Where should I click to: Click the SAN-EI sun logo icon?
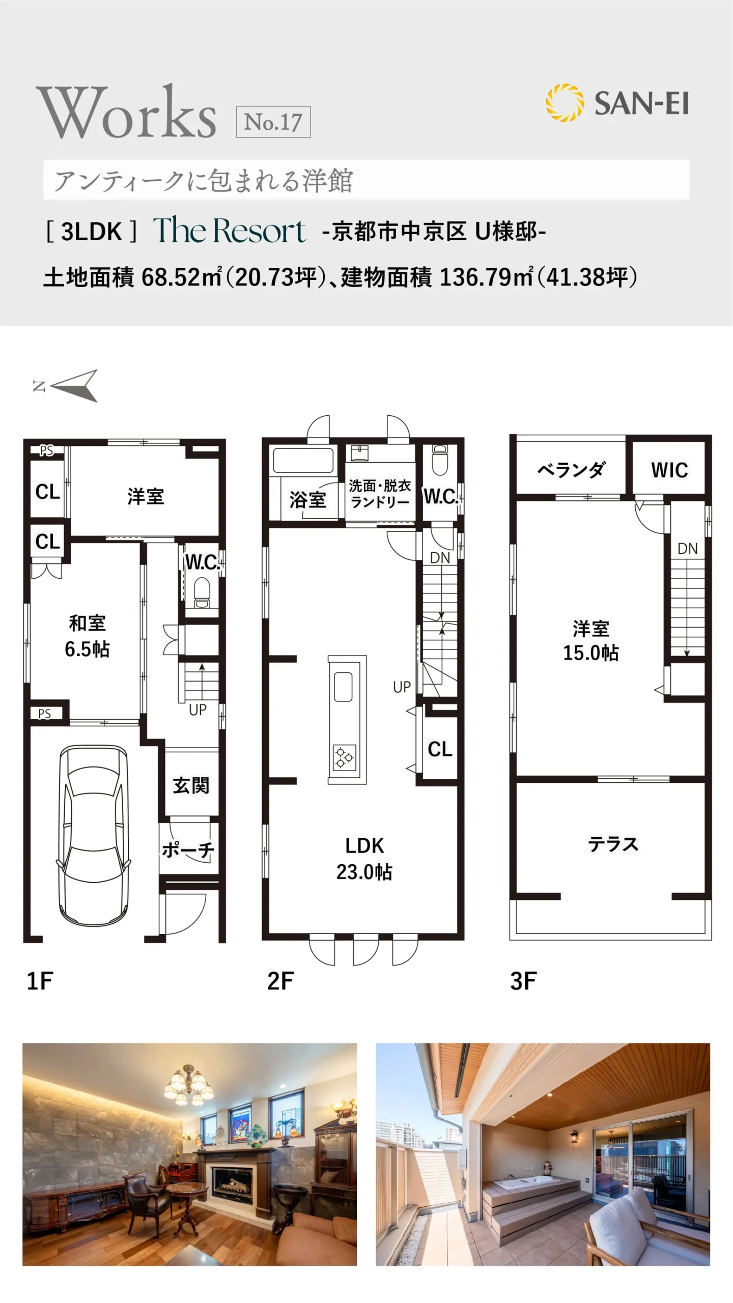point(565,103)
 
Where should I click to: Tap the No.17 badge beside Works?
point(273,122)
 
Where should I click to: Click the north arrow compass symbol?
point(74,386)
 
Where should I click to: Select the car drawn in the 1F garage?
point(93,835)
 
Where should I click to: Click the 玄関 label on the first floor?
point(191,785)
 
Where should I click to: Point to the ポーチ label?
point(188,849)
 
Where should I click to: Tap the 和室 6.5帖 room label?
point(87,636)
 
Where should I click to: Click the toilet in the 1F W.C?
point(202,592)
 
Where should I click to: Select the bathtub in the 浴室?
point(303,461)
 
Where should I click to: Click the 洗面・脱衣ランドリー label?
point(380,494)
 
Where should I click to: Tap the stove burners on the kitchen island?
point(344,757)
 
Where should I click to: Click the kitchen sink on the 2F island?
point(343,687)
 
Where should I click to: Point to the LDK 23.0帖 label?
point(364,859)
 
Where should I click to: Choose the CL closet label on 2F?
point(440,749)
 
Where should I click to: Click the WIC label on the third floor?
point(669,470)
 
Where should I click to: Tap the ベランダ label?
point(571,469)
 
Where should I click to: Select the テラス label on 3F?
point(613,844)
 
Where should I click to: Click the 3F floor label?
point(523,981)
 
